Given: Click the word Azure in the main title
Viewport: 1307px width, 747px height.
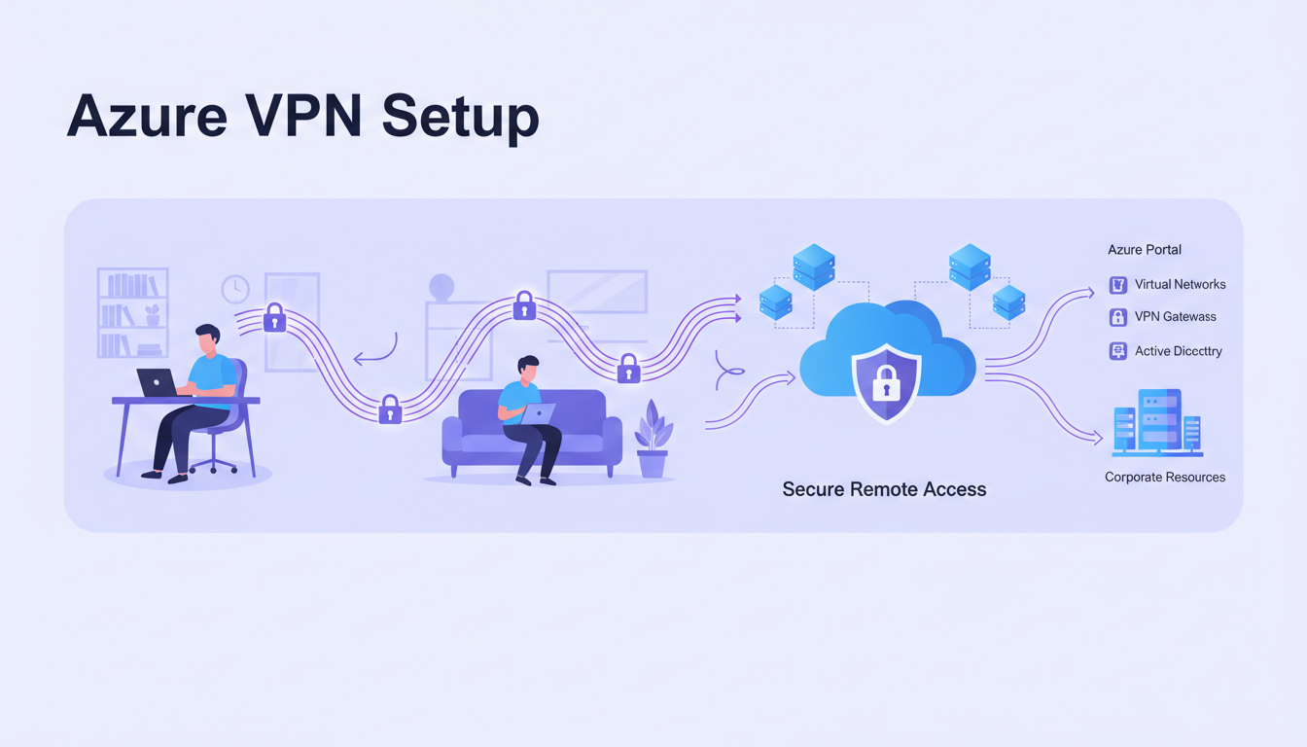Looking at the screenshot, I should click(146, 117).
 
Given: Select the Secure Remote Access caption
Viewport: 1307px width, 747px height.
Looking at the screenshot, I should click(884, 489).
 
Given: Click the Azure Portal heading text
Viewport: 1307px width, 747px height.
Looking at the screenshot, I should click(1145, 250).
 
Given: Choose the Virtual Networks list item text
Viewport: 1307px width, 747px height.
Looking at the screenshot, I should click(1180, 285).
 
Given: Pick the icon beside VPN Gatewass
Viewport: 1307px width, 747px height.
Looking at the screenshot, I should click(1118, 317).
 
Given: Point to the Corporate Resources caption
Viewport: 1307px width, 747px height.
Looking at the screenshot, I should click(1165, 478).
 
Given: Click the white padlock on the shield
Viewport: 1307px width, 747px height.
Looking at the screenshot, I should click(885, 386).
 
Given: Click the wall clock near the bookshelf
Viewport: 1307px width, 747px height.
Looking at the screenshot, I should click(235, 289).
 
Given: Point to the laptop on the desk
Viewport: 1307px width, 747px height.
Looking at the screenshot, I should click(156, 383).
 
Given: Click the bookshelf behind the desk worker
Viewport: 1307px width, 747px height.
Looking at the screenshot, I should click(132, 313).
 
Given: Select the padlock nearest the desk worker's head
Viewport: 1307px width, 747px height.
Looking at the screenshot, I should click(275, 318).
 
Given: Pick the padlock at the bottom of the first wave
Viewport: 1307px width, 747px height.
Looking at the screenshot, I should click(390, 409).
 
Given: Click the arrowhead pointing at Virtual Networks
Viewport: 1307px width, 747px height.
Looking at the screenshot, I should click(1088, 290).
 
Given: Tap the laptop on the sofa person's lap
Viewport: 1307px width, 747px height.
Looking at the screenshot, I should click(538, 414).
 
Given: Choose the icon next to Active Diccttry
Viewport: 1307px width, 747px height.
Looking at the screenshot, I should click(1118, 351).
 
